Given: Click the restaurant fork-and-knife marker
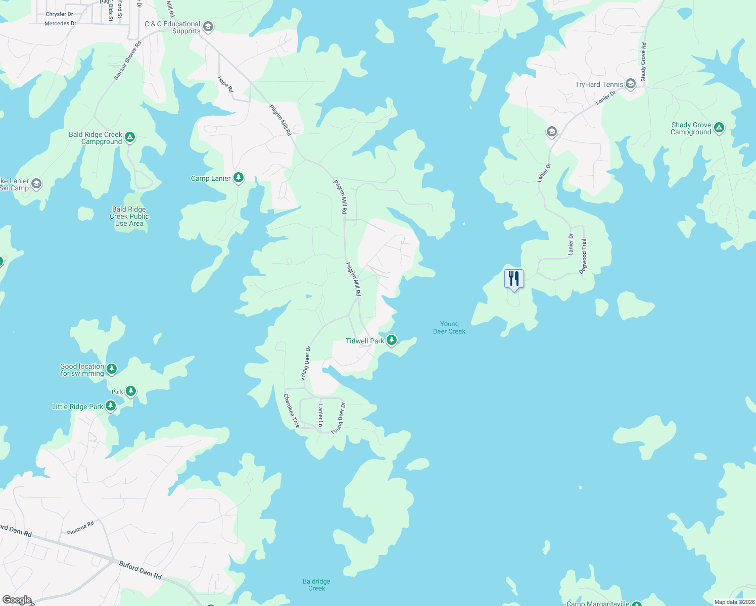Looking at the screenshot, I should [x=514, y=279].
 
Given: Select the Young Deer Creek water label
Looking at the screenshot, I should [x=449, y=328].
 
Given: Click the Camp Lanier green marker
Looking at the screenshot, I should [x=239, y=178].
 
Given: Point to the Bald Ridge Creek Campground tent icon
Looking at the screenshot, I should [x=130, y=137].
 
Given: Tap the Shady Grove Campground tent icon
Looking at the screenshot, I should [x=719, y=127].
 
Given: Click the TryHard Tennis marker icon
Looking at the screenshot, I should [x=630, y=84].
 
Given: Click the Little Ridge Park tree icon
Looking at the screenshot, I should [x=111, y=406].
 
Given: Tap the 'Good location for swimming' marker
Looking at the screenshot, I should [x=112, y=369].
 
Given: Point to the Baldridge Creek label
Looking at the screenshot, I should [x=317, y=585].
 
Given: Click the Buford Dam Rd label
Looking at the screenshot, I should [x=140, y=570].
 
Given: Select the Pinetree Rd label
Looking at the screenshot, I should [x=80, y=528].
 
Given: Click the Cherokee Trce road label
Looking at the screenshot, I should [x=291, y=411].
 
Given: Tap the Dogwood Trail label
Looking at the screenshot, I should [x=584, y=256].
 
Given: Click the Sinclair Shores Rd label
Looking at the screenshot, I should [x=128, y=61].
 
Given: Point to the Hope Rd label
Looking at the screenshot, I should [x=225, y=84].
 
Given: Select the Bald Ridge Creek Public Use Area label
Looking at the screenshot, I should [x=129, y=216].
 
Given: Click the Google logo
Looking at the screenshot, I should [x=17, y=599].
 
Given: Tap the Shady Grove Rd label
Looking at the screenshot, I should [x=643, y=62].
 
